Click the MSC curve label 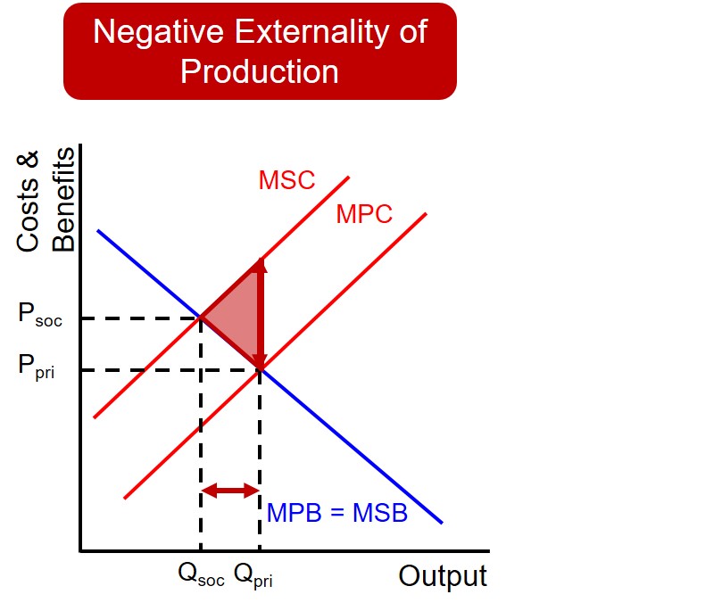coord(286,180)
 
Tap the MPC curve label coord(364,214)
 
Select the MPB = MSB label coord(336,514)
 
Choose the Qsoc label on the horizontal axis coord(201,576)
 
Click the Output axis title coord(443,576)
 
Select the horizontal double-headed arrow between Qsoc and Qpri coord(230,490)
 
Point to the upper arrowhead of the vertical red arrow coord(260,265)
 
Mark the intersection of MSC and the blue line coord(201,317)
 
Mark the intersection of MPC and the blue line coord(260,367)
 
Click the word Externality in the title coord(320,32)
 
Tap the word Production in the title coord(260,71)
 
